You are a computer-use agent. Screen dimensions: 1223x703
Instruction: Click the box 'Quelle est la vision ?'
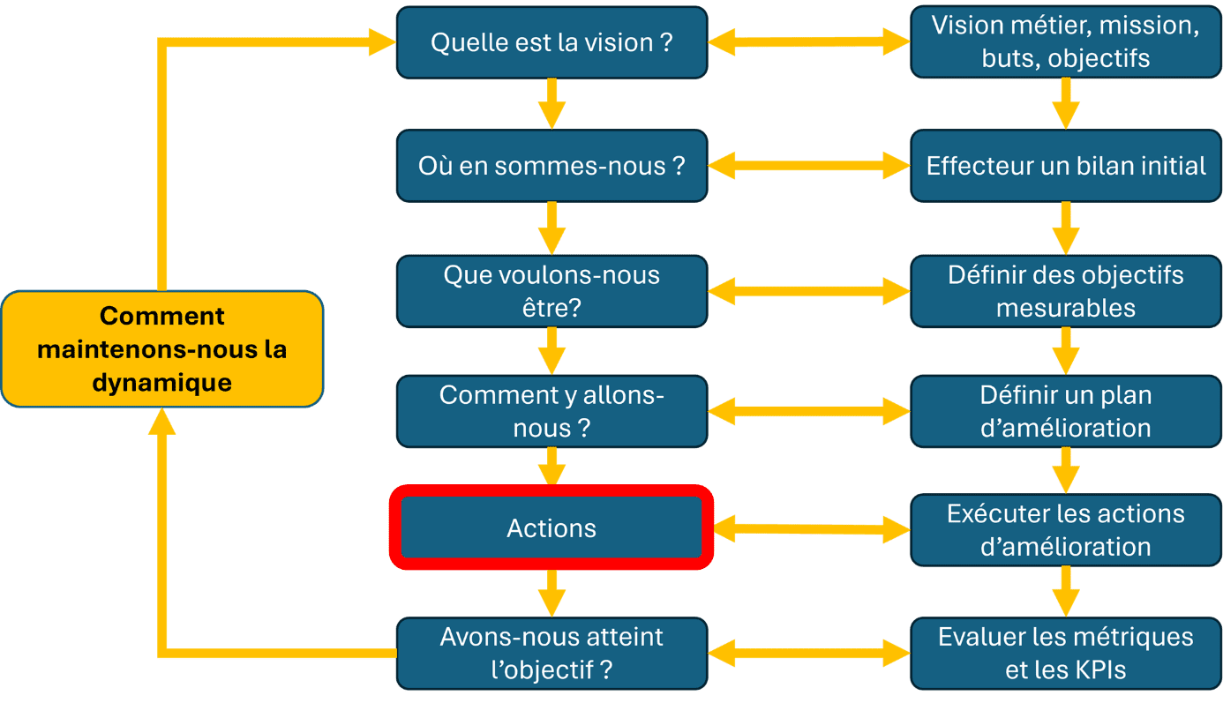552,42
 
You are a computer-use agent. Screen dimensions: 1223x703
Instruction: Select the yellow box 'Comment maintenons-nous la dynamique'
162,348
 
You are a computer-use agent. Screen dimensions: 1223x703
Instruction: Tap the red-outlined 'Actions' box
551,527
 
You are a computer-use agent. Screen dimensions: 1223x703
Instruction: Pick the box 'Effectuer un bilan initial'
1066,166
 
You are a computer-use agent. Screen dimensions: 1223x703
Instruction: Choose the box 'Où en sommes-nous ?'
552,166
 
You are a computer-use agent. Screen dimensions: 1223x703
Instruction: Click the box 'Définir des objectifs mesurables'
1066,291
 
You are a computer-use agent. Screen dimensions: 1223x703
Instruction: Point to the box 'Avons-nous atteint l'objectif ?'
552,654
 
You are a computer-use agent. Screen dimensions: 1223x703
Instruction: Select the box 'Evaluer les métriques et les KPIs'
1066,654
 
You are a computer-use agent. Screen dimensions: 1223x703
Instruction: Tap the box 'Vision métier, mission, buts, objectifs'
1066,42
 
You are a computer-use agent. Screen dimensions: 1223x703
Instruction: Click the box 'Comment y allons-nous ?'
552,412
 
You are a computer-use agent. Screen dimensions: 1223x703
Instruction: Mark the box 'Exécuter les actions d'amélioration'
1066,530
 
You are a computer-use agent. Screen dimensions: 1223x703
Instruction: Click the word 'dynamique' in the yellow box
162,383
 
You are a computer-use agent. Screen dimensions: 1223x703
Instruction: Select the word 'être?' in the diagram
551,308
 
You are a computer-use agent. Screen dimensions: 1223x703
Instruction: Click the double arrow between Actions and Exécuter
812,529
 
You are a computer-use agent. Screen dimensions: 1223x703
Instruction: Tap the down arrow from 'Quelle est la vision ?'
552,104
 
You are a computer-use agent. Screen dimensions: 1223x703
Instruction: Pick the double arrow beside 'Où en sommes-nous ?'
809,165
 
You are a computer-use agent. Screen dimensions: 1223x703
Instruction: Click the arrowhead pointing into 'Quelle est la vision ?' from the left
382,42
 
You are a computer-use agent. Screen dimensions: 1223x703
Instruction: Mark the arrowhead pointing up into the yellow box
161,422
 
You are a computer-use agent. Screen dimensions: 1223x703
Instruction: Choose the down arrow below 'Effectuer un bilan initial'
1066,228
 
